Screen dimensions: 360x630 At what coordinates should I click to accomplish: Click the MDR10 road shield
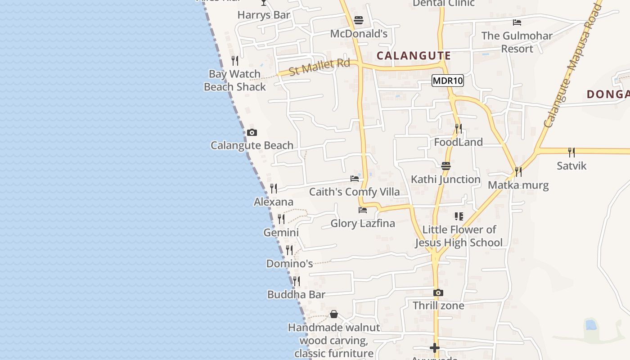tap(447, 81)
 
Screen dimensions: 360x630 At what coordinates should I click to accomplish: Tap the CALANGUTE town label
tap(414, 56)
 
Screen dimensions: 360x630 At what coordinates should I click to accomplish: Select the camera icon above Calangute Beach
tap(252, 132)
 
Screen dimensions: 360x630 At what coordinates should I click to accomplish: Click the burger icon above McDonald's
tap(359, 20)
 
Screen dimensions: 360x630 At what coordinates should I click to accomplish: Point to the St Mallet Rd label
tap(319, 67)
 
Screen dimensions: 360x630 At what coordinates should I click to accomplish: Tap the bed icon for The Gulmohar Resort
tap(517, 22)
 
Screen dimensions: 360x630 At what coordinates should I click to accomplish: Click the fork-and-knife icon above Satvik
tap(571, 152)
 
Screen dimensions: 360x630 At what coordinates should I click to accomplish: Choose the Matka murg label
tap(518, 185)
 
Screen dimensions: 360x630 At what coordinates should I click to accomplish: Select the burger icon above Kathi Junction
tap(446, 166)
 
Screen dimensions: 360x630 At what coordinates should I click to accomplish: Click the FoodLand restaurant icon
tap(459, 129)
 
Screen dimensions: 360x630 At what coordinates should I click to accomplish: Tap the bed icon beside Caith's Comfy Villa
tap(355, 179)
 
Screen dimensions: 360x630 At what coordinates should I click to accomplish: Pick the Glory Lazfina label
tap(363, 223)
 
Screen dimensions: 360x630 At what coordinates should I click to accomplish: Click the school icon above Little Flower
tap(459, 216)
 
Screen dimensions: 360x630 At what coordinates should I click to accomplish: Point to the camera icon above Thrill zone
tap(438, 293)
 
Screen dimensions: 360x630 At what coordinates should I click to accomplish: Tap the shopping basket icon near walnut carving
tap(334, 314)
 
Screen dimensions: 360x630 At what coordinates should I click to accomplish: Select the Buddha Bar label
tap(296, 295)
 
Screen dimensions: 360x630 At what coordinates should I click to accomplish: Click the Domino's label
tap(289, 264)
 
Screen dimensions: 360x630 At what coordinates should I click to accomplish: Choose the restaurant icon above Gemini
tap(281, 219)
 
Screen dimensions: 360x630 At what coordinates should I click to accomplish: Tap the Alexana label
tap(274, 202)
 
